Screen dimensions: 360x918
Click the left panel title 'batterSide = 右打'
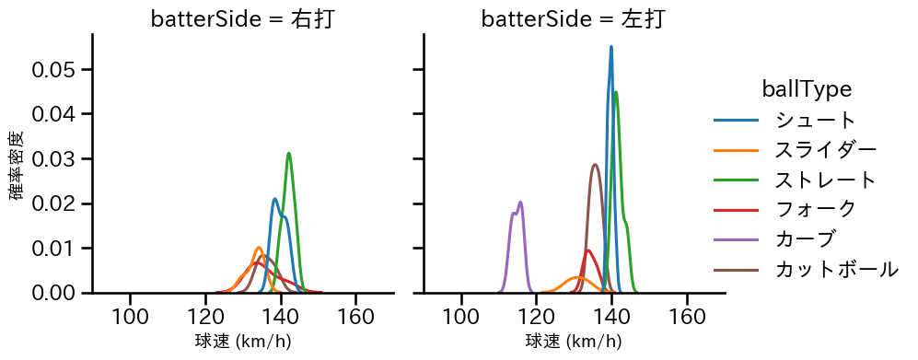(242, 19)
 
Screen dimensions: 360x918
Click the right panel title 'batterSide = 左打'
(573, 19)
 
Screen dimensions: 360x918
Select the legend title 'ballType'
(806, 89)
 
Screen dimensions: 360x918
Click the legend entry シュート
(816, 120)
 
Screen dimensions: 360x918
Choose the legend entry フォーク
(816, 209)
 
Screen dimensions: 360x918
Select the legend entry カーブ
(806, 238)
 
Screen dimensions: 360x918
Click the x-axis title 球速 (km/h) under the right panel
(573, 342)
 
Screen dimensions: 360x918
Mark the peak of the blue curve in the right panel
(610, 47)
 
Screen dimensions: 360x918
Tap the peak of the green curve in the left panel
(289, 153)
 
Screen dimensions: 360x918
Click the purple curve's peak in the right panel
(521, 203)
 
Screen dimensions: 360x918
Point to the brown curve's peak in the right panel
(595, 165)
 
